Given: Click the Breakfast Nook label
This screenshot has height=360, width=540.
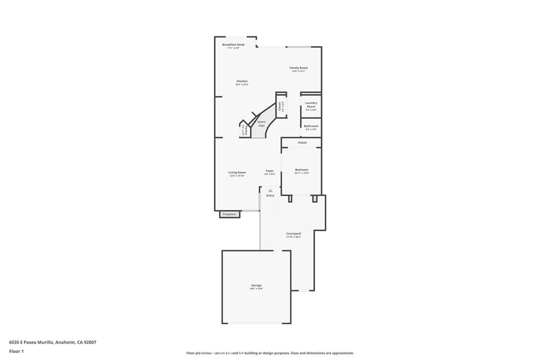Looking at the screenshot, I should tap(233, 45).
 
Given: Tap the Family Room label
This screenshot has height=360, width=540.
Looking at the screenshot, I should tap(298, 68).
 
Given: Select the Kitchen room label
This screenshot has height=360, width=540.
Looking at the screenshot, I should tap(242, 81).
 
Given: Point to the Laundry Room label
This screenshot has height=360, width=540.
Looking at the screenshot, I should tap(311, 105).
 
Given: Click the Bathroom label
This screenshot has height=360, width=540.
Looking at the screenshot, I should tap(311, 126).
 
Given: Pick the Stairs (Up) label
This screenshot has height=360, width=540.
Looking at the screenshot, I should tap(261, 123).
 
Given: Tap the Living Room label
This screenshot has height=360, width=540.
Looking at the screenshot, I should tap(237, 172).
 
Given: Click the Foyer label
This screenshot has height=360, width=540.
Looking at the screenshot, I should tap(269, 171).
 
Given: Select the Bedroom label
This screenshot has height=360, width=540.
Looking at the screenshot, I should tap(302, 170).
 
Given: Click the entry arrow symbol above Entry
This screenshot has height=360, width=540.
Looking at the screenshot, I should tap(271, 190).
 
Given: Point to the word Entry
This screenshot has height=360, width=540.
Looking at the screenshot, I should tap(271, 196).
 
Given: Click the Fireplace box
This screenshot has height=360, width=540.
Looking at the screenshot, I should tap(229, 215).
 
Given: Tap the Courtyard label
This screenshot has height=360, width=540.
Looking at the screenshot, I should tap(293, 233).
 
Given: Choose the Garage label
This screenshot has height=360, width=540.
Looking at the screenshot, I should tap(256, 286).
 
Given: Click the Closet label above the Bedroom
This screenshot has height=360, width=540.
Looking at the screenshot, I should tap(302, 142).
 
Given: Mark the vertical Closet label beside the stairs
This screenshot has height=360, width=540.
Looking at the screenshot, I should tap(279, 106).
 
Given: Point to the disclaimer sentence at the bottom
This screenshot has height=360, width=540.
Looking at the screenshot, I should tap(269, 353).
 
